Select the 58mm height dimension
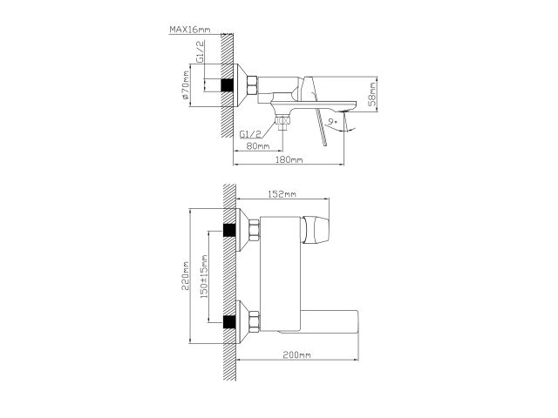pyautogui.click(x=371, y=90)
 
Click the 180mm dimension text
pyautogui.click(x=289, y=161)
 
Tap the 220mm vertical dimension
pyautogui.click(x=186, y=278)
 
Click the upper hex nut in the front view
pyautogui.click(x=255, y=231)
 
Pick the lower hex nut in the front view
pyautogui.click(x=255, y=321)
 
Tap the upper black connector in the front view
pyautogui.click(x=230, y=231)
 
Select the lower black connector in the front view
pyautogui.click(x=230, y=321)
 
